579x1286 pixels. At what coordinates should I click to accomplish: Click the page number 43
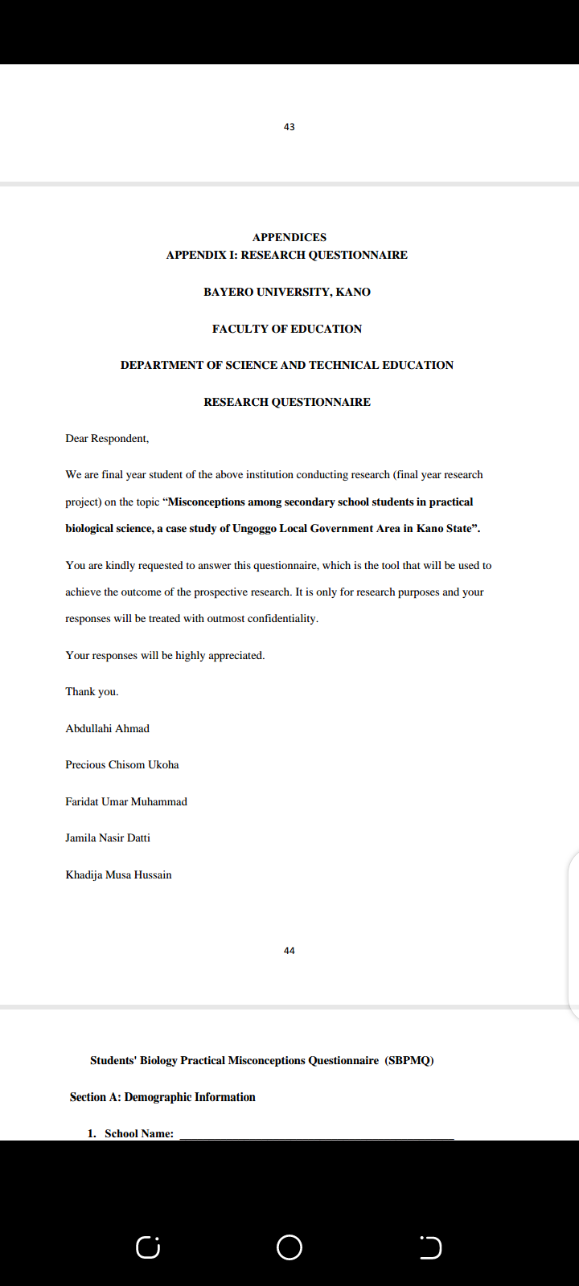pyautogui.click(x=289, y=127)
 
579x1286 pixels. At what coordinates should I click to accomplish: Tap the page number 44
pyautogui.click(x=289, y=951)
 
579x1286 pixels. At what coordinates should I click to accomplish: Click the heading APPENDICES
pyautogui.click(x=289, y=237)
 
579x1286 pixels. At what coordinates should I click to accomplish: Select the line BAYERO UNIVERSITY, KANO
pyautogui.click(x=287, y=292)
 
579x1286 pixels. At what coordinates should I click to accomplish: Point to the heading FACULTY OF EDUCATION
pyautogui.click(x=287, y=329)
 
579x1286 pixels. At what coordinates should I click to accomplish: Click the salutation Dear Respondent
pyautogui.click(x=107, y=439)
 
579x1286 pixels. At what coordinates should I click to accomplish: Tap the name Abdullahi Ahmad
pyautogui.click(x=107, y=729)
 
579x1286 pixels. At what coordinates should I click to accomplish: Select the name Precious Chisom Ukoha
pyautogui.click(x=122, y=765)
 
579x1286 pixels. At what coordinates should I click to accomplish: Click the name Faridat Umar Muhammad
pyautogui.click(x=126, y=802)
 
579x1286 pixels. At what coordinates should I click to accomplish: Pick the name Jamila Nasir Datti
pyautogui.click(x=108, y=838)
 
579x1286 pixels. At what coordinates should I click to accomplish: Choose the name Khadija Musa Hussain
pyautogui.click(x=118, y=875)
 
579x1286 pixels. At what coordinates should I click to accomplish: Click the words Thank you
pyautogui.click(x=92, y=692)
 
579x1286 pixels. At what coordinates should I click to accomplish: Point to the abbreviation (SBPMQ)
pyautogui.click(x=409, y=1061)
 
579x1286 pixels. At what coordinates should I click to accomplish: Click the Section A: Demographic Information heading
pyautogui.click(x=162, y=1097)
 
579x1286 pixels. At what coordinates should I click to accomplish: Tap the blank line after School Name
pyautogui.click(x=316, y=1135)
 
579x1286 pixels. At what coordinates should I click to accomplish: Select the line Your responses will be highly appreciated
pyautogui.click(x=165, y=656)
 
